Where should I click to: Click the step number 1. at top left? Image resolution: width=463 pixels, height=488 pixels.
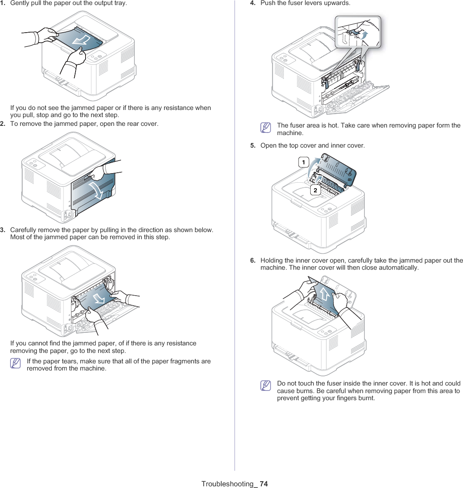(x=3, y=3)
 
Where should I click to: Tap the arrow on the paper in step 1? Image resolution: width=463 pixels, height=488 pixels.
(x=82, y=40)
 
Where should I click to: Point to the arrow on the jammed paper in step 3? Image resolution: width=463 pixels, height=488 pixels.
(x=99, y=298)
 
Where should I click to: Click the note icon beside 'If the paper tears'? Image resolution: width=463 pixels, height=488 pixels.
(x=16, y=363)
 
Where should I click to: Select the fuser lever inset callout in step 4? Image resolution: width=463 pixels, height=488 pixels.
(x=358, y=32)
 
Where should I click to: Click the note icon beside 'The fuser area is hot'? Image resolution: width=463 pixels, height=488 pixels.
(x=266, y=128)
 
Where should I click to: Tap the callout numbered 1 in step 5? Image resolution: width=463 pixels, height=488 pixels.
(x=304, y=162)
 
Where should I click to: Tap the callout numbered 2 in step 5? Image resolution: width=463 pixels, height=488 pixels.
(x=315, y=190)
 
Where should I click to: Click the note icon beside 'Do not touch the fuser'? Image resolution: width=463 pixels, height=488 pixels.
(x=266, y=386)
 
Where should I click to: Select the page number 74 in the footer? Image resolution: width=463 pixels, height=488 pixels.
(x=263, y=484)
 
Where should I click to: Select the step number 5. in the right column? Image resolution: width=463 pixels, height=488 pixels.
(x=253, y=146)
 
